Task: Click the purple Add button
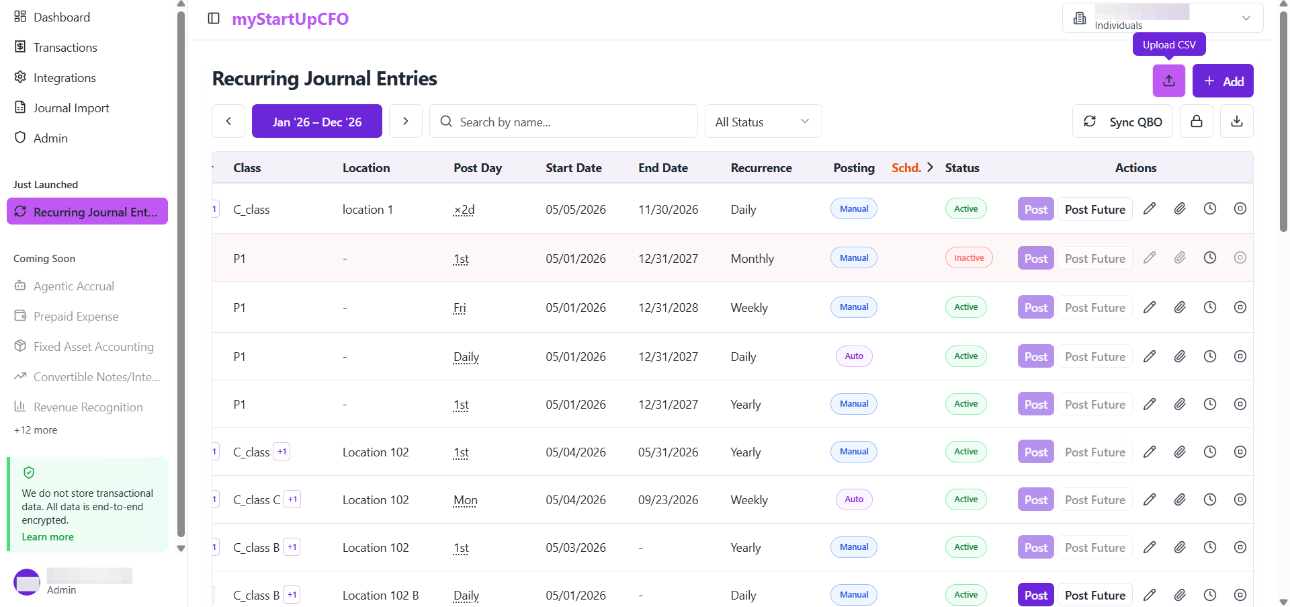click(x=1223, y=81)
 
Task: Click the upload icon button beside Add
click(x=1169, y=81)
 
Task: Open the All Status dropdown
click(x=763, y=121)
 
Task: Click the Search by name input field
click(x=564, y=121)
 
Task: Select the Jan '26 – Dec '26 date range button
click(x=317, y=121)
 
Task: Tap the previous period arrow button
click(x=228, y=121)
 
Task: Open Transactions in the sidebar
click(x=65, y=47)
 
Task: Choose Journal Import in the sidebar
click(x=71, y=108)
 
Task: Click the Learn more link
click(x=48, y=536)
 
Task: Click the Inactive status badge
click(x=969, y=257)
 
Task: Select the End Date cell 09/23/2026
click(x=668, y=499)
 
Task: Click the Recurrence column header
click(x=761, y=167)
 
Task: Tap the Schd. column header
click(x=906, y=167)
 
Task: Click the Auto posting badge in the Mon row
click(x=854, y=499)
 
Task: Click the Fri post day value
click(x=460, y=307)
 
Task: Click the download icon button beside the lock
click(x=1237, y=121)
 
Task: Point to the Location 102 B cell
click(x=380, y=595)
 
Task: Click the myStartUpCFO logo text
click(x=290, y=19)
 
